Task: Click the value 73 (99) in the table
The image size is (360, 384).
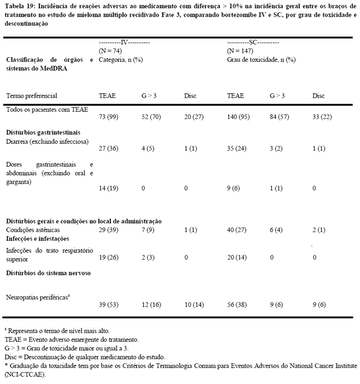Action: point(109,118)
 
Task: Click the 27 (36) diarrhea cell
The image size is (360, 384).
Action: point(109,148)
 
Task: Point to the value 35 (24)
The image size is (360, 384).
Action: point(237,148)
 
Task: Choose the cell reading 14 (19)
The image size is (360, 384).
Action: point(109,189)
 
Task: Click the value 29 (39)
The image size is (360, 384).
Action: point(109,229)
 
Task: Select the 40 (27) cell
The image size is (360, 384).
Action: point(237,229)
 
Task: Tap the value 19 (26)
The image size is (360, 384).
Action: point(109,258)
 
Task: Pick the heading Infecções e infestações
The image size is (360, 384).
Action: point(37,238)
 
